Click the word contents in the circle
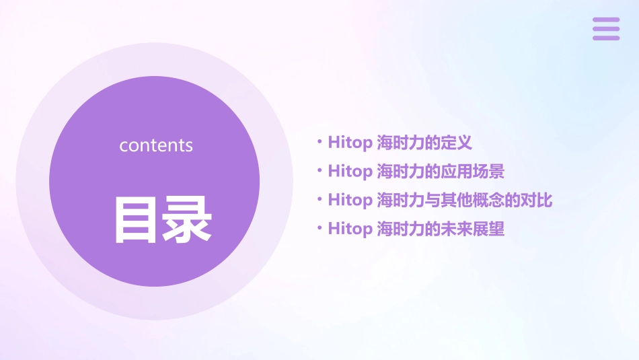(x=156, y=145)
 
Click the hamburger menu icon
(x=605, y=29)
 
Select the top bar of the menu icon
(x=605, y=20)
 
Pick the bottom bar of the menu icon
(x=605, y=38)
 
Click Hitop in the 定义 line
(x=349, y=143)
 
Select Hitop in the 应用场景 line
(x=349, y=172)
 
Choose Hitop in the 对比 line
(x=349, y=201)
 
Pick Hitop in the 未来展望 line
(x=349, y=229)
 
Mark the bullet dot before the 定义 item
(x=319, y=142)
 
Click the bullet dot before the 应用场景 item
(x=319, y=171)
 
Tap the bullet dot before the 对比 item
(x=319, y=200)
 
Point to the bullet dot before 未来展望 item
(x=319, y=229)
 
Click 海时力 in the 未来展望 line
(x=401, y=229)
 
